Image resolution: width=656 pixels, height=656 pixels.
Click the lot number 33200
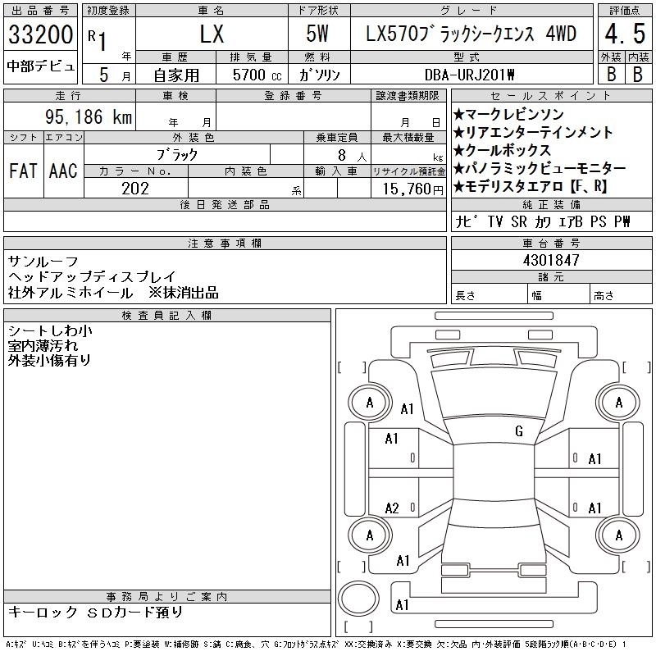40,34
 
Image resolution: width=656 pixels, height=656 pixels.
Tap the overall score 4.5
625,34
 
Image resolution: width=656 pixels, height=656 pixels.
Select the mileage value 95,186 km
89,116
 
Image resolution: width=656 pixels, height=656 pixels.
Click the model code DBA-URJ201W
469,75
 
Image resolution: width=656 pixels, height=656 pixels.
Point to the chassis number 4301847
551,260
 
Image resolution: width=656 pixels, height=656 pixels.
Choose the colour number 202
135,189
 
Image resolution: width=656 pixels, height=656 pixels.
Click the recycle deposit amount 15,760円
413,189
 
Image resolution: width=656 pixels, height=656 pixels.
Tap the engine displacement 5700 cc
257,75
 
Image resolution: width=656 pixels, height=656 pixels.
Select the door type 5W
317,34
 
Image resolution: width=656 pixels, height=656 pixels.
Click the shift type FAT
23,171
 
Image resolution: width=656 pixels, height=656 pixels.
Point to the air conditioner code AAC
63,171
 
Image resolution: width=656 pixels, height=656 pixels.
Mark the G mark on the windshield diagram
519,431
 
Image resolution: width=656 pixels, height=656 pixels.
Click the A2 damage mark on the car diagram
392,508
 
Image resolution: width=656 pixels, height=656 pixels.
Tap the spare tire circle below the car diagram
358,598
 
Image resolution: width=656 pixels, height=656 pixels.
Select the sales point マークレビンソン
514,115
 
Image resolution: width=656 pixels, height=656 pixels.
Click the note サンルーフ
43,262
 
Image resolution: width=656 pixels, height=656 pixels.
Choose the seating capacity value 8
342,155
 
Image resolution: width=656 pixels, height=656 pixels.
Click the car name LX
212,34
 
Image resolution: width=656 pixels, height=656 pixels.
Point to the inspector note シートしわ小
50,331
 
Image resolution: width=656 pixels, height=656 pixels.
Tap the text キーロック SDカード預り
95,612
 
